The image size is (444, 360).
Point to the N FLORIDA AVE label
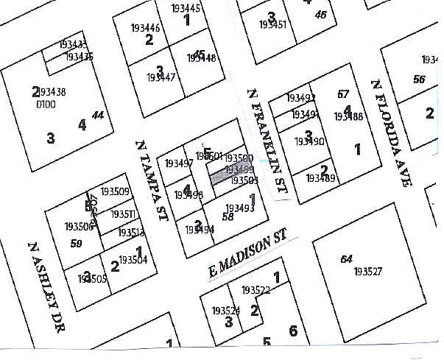tap(390, 133)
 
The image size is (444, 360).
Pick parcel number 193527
tap(368, 272)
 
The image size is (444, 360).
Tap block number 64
tap(346, 259)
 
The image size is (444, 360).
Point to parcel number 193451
tap(273, 24)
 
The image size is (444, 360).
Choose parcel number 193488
tap(348, 116)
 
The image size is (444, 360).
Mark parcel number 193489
tap(321, 178)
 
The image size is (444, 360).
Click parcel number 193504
tap(133, 260)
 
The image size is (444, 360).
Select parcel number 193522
tap(256, 291)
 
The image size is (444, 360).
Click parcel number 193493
tap(239, 208)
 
